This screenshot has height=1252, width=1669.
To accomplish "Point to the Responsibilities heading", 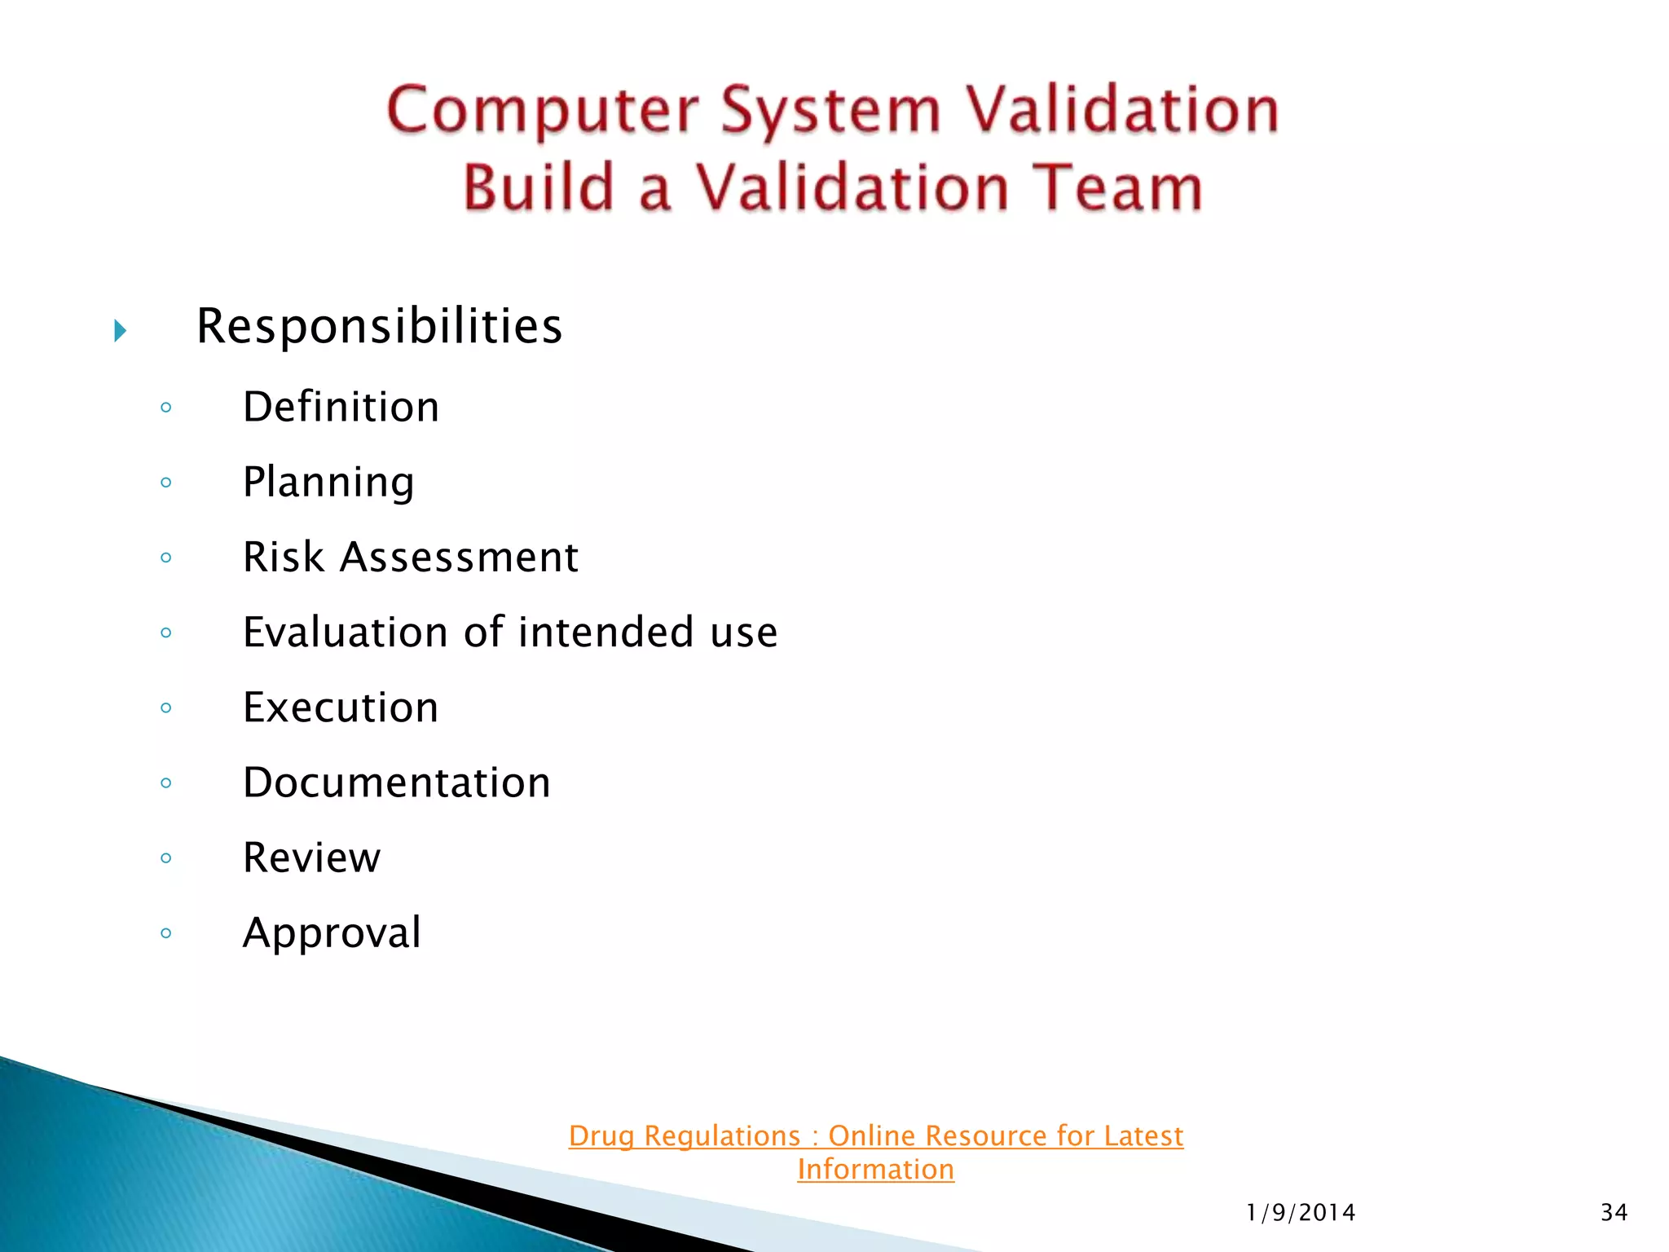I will (379, 326).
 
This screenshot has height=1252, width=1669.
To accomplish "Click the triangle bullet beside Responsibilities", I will (121, 331).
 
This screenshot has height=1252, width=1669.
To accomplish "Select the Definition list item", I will (341, 407).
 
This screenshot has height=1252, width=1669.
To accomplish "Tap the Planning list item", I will (328, 482).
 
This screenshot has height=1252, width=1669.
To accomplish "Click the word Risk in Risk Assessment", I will (284, 558).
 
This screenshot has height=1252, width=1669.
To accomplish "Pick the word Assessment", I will (459, 558).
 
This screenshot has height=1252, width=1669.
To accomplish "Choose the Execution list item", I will (341, 708).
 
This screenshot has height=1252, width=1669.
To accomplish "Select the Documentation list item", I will (397, 782).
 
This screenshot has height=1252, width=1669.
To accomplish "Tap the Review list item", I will (311, 857).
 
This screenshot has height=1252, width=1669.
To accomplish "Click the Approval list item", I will (332, 932).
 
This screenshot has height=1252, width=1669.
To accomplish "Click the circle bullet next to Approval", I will (166, 933).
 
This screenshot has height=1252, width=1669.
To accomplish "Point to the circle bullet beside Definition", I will (166, 408).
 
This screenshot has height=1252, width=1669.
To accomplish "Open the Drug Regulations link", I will (875, 1136).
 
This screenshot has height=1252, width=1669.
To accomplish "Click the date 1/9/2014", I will (1301, 1213).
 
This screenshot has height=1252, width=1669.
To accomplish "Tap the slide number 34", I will (1614, 1213).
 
